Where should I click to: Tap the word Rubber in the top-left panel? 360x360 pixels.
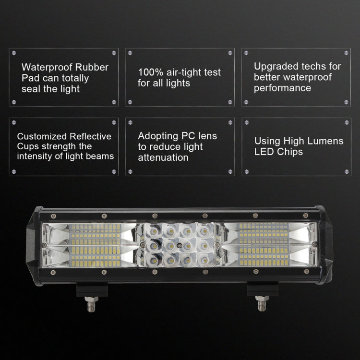91,67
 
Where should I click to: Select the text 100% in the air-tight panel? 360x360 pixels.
149,72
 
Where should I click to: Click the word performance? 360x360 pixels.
282,88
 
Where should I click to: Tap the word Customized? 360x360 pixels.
41,137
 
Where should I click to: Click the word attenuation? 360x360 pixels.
163,157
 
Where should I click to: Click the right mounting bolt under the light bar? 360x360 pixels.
261,303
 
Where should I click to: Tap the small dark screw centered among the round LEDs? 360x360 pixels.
179,245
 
